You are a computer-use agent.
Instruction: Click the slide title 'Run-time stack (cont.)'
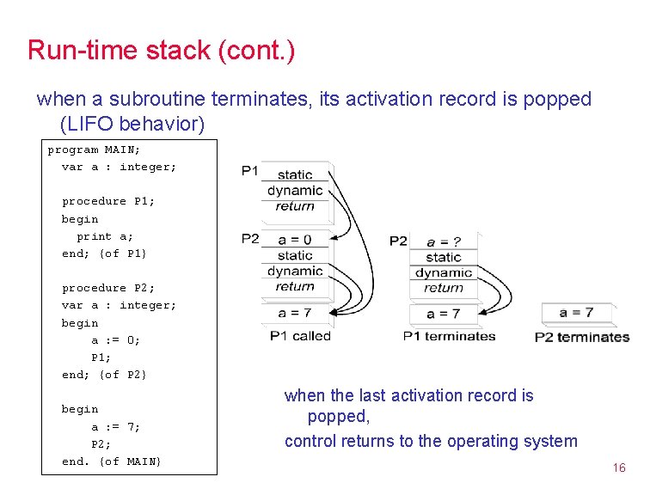[x=161, y=50]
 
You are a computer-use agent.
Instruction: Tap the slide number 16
[x=618, y=467]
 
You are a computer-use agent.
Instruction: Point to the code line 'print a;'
[x=105, y=236]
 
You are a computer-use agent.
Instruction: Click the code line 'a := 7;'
[x=116, y=427]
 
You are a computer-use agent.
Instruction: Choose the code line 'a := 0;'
[x=116, y=340]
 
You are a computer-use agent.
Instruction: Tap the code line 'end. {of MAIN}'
[x=111, y=461]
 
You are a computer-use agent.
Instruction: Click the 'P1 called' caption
[x=300, y=336]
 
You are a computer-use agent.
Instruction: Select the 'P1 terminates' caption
[x=449, y=336]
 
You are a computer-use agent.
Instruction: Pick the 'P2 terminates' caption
[x=582, y=337]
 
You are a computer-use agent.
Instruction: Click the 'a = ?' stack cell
[x=443, y=241]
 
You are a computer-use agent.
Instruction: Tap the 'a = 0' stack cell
[x=295, y=240]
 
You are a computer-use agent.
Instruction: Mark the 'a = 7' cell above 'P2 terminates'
[x=576, y=313]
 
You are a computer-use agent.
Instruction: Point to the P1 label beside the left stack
[x=250, y=171]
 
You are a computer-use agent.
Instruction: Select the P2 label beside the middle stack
[x=398, y=241]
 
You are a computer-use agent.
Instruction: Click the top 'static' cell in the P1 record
[x=295, y=175]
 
